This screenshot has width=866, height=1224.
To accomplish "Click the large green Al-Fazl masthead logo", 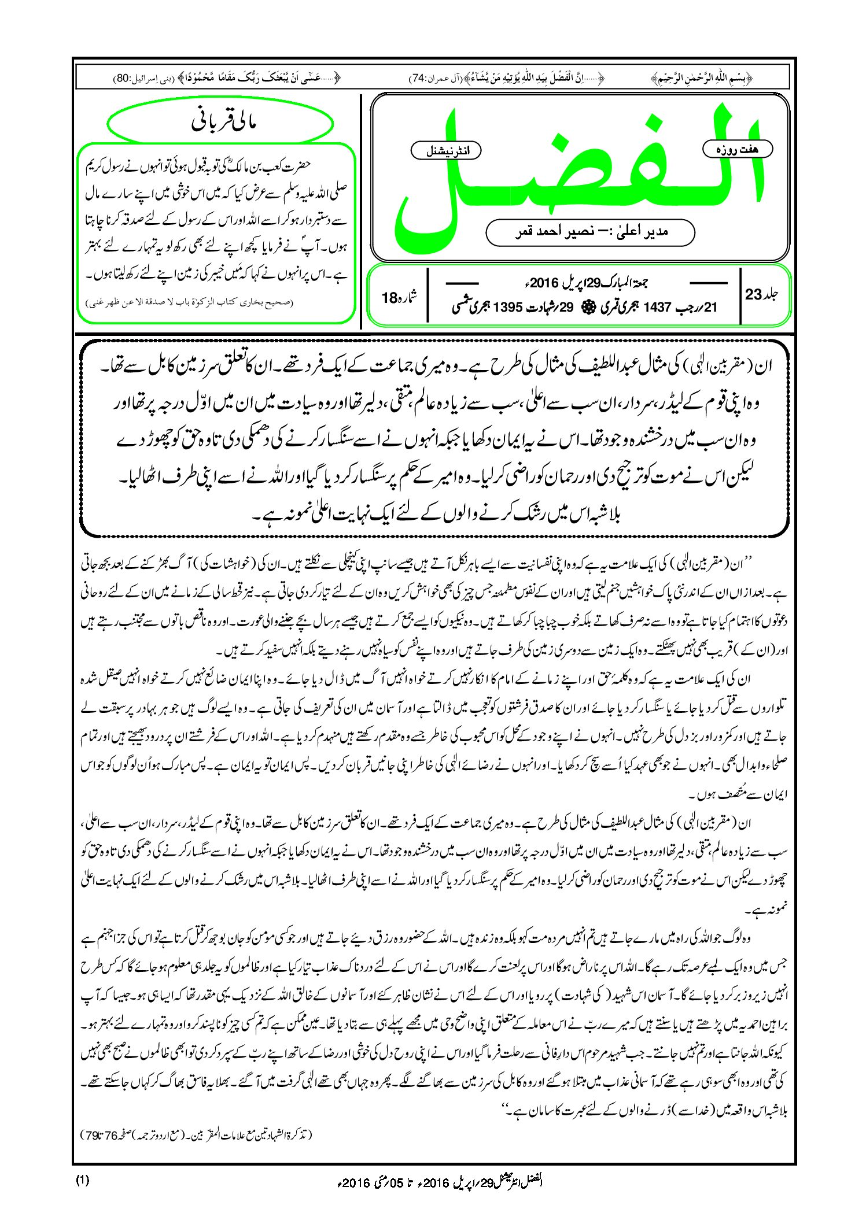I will (x=578, y=173).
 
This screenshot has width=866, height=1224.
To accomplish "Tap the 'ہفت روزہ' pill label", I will (x=738, y=149).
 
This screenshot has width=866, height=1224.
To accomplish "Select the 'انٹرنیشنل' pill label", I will (x=445, y=151).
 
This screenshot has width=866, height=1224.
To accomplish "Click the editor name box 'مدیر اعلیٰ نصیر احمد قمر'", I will (x=590, y=232).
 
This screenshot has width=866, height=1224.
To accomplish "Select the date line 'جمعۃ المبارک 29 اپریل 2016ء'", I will (x=584, y=283).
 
